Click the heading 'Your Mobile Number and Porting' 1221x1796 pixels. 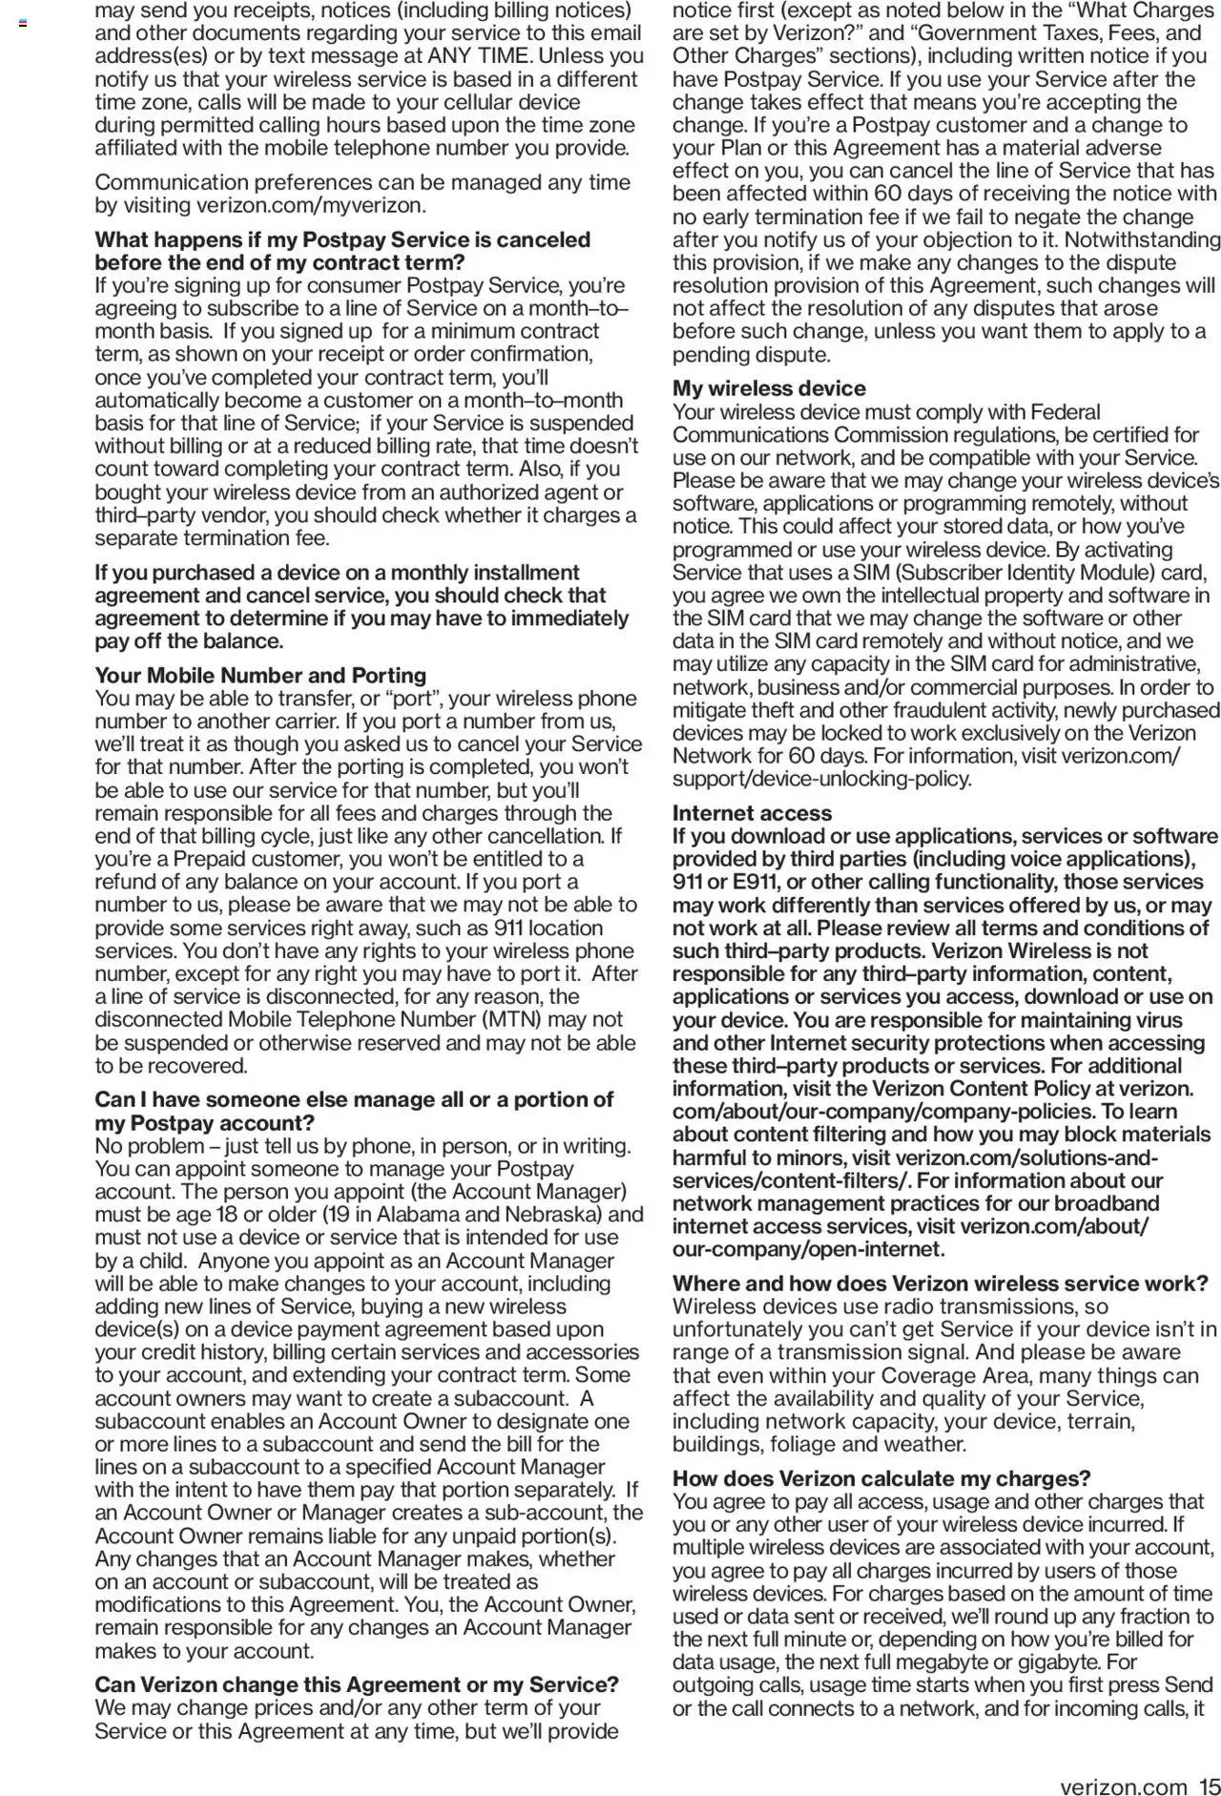click(259, 676)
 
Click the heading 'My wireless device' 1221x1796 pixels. click(769, 388)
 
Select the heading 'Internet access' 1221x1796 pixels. click(752, 813)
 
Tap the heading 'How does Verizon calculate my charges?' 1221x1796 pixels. click(881, 1479)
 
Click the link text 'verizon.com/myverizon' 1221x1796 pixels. click(309, 205)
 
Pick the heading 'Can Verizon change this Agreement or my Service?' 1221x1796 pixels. click(357, 1684)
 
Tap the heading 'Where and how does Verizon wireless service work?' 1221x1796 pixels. click(940, 1284)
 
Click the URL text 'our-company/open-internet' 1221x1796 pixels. click(806, 1249)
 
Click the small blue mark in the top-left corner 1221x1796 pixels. click(23, 21)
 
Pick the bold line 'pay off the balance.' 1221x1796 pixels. click(189, 641)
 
